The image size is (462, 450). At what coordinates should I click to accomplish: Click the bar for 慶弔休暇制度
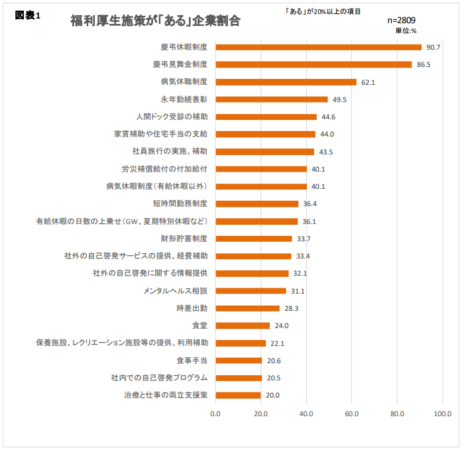click(318, 47)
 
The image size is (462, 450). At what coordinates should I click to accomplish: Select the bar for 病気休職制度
click(286, 82)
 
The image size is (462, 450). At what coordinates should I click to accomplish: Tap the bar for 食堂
click(243, 325)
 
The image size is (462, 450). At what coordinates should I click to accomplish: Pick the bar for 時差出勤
click(247, 308)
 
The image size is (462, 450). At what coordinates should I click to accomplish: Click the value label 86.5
click(424, 65)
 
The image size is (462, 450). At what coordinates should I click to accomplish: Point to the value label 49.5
click(340, 99)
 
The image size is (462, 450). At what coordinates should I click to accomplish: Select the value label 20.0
click(272, 396)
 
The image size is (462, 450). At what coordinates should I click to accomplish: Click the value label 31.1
click(298, 291)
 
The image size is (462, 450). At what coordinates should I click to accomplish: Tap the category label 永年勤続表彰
click(184, 99)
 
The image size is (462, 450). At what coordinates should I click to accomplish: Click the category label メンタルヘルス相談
click(175, 291)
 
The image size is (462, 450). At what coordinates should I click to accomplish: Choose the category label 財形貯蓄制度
click(184, 239)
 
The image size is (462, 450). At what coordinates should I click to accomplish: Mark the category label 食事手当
click(192, 361)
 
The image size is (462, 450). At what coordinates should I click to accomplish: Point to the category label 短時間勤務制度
click(180, 203)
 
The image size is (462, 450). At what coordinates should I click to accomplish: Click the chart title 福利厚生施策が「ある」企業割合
click(155, 21)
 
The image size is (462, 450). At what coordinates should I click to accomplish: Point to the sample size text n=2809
click(401, 21)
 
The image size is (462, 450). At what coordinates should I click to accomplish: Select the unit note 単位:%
click(406, 30)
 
